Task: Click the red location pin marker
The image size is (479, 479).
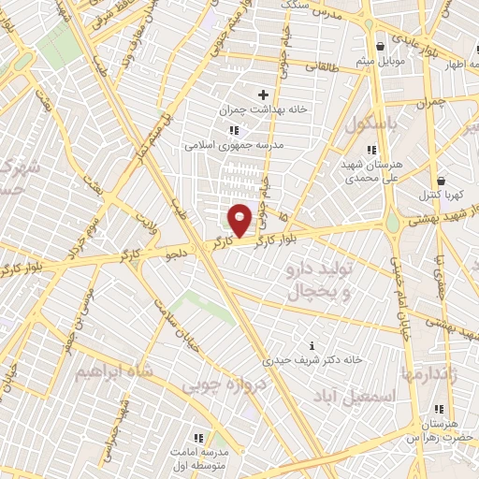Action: pyautogui.click(x=240, y=219)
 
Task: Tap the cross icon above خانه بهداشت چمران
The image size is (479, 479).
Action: pyautogui.click(x=263, y=94)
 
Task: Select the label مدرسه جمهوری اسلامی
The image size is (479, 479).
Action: pyautogui.click(x=227, y=145)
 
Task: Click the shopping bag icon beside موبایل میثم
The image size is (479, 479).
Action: pyautogui.click(x=381, y=47)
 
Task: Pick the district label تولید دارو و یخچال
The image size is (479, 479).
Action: pyautogui.click(x=318, y=282)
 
